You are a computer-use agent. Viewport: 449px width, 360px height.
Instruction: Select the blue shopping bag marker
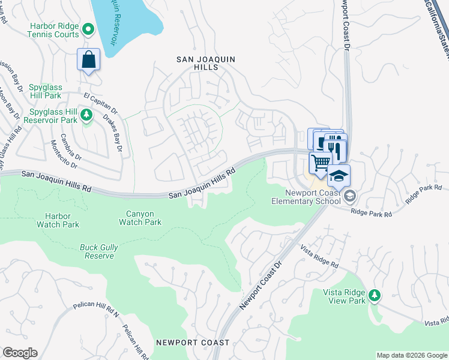(88, 60)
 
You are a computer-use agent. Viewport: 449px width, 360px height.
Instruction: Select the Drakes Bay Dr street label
(112, 133)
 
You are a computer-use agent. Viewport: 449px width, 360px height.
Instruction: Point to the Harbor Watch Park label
(57, 220)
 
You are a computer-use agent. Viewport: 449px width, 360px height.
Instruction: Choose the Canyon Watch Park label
(140, 218)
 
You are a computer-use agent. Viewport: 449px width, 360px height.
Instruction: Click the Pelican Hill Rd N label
(97, 309)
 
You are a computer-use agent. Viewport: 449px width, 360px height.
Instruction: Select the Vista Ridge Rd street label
(319, 257)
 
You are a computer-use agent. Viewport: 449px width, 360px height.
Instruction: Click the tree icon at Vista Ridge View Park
(375, 295)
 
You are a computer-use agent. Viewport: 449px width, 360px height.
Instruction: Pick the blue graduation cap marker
(339, 176)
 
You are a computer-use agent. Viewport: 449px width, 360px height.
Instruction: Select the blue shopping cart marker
(321, 161)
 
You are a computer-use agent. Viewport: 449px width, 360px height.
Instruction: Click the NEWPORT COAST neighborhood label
(192, 343)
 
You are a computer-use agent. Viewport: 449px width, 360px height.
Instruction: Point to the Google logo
(20, 353)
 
